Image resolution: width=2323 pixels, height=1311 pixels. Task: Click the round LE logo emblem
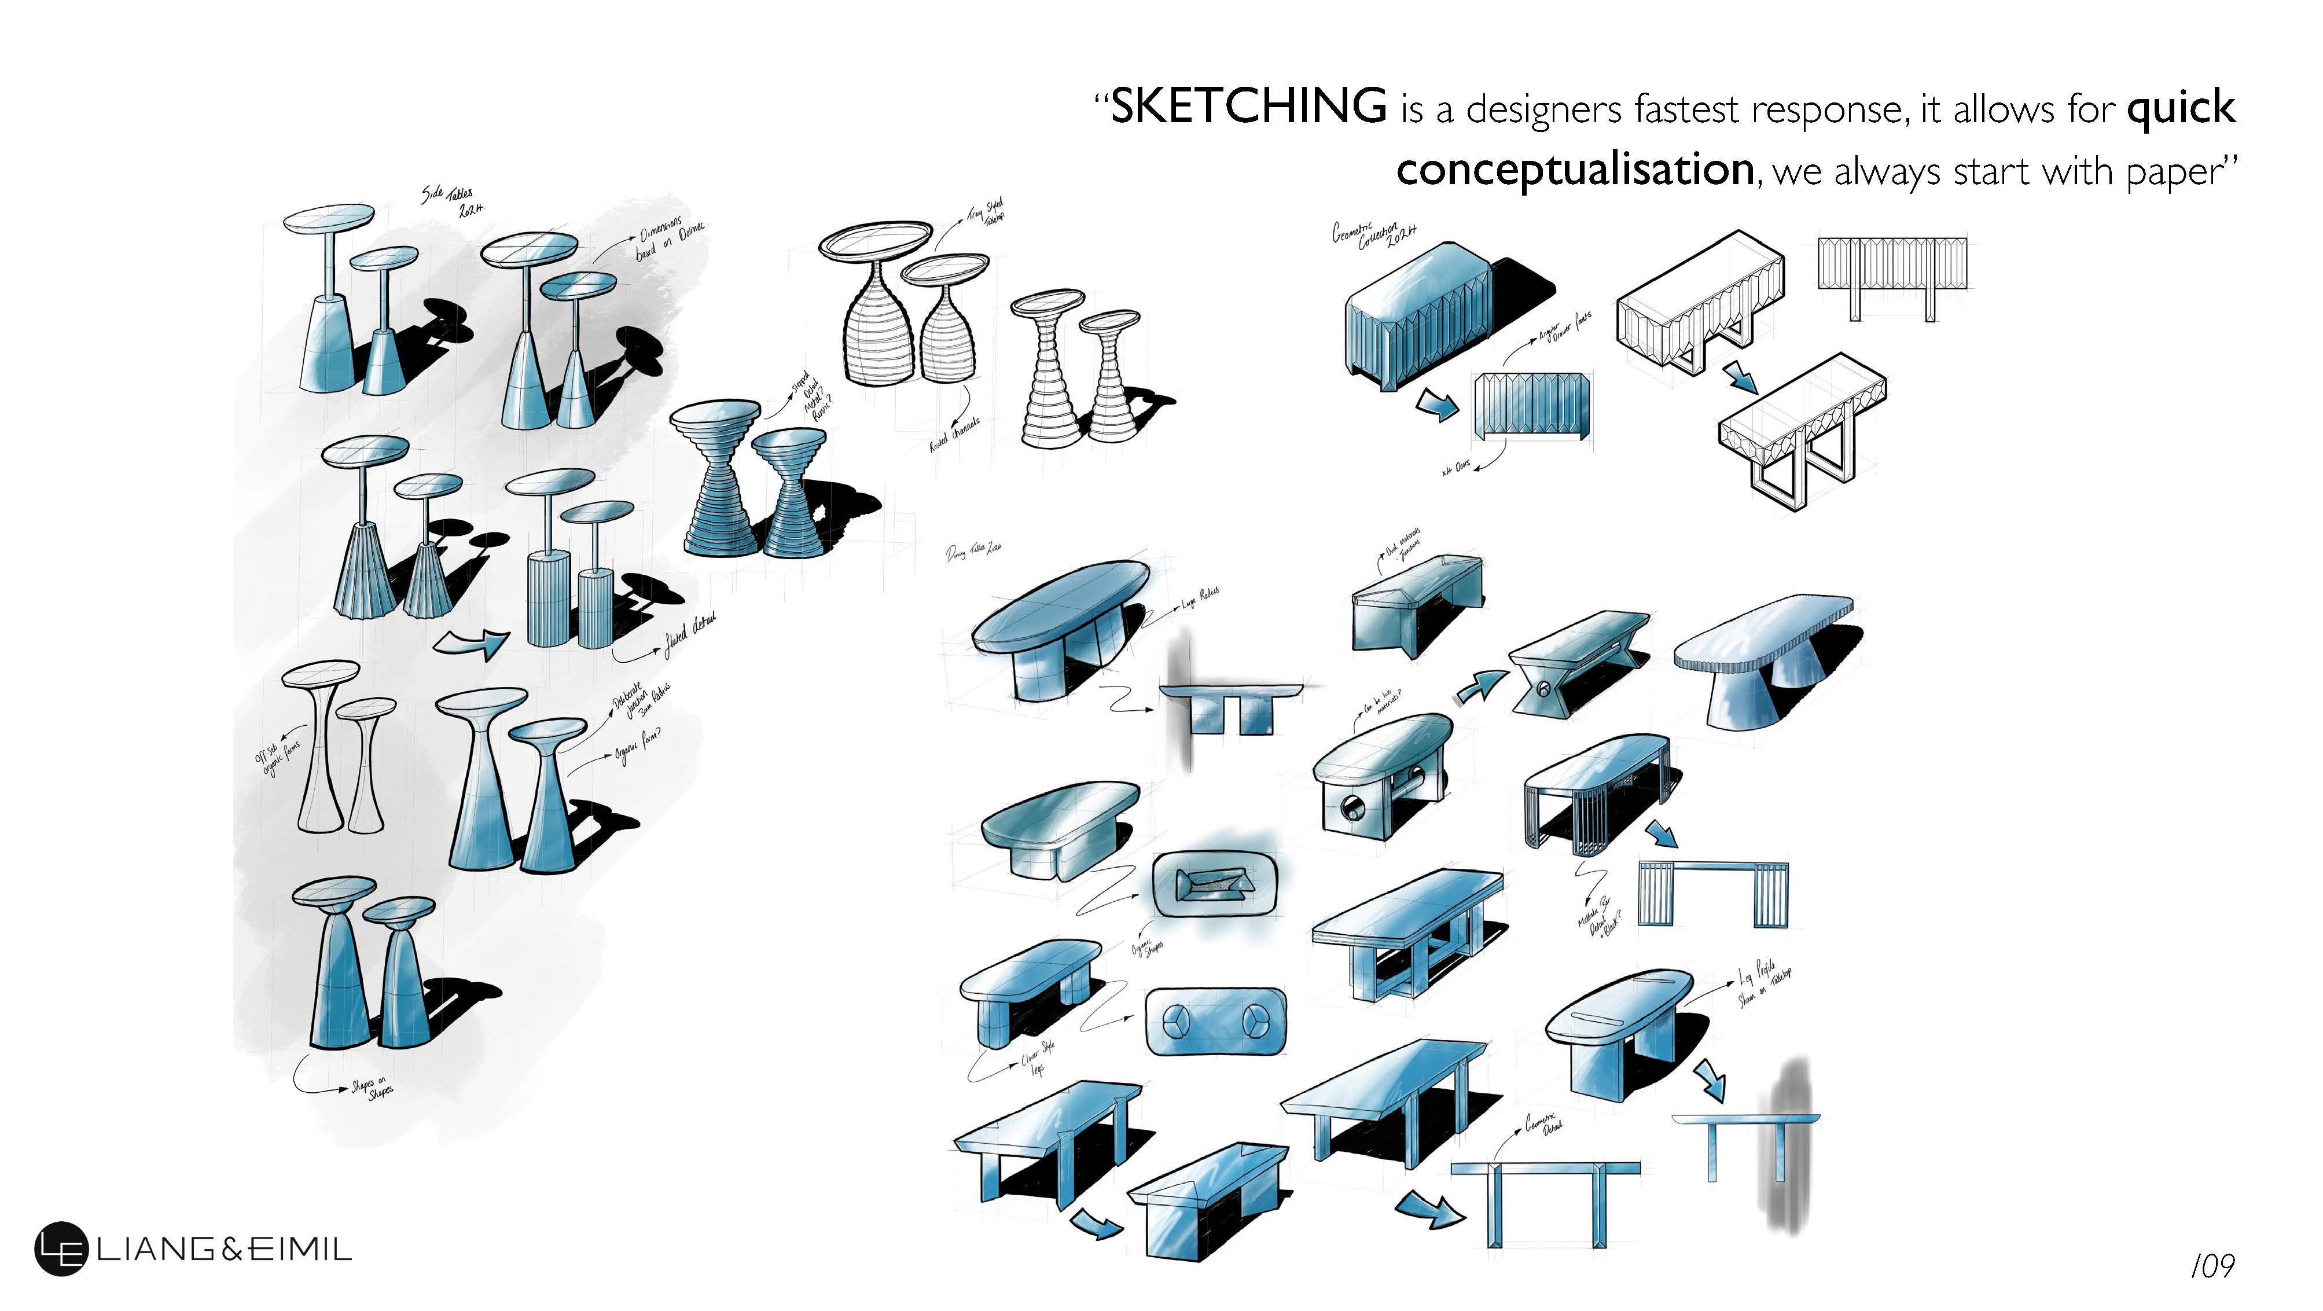tap(60, 1249)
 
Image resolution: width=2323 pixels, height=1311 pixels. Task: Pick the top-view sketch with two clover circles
tap(1215, 1022)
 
